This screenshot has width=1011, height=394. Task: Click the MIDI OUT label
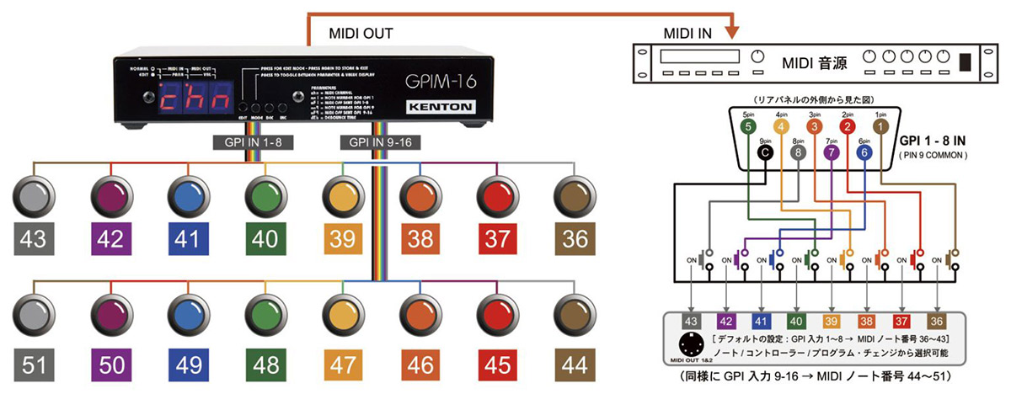pyautogui.click(x=359, y=34)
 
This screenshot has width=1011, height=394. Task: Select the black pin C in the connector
pyautogui.click(x=765, y=153)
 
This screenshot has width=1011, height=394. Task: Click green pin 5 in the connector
pyautogui.click(x=748, y=126)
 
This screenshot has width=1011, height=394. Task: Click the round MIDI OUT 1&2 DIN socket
pyautogui.click(x=685, y=346)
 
